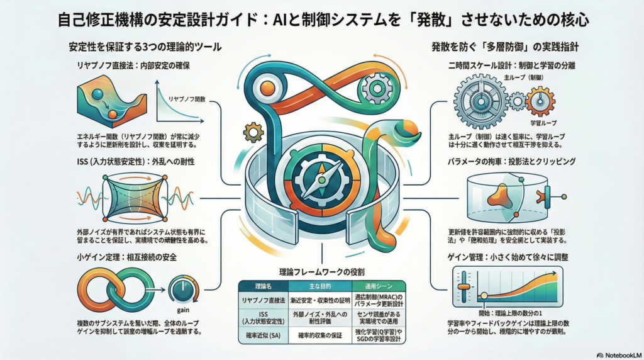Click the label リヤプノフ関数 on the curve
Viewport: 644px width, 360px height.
(187, 99)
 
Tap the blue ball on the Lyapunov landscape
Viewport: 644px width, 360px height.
(98, 94)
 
